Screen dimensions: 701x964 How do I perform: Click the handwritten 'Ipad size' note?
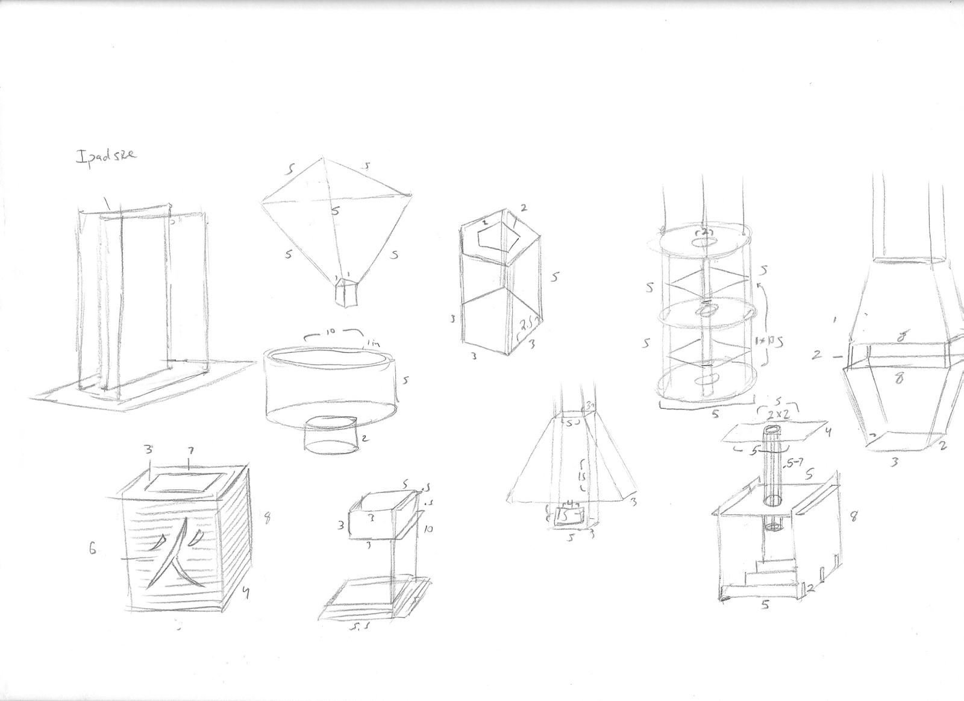pyautogui.click(x=105, y=155)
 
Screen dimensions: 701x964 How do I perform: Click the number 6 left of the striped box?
pyautogui.click(x=93, y=549)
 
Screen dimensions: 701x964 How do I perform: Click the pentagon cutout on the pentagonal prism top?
pyautogui.click(x=495, y=240)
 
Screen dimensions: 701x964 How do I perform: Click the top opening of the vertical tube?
pyautogui.click(x=772, y=430)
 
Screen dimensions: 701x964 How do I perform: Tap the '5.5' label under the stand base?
pyautogui.click(x=363, y=629)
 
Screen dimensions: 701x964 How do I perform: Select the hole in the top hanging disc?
pyautogui.click(x=704, y=242)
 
